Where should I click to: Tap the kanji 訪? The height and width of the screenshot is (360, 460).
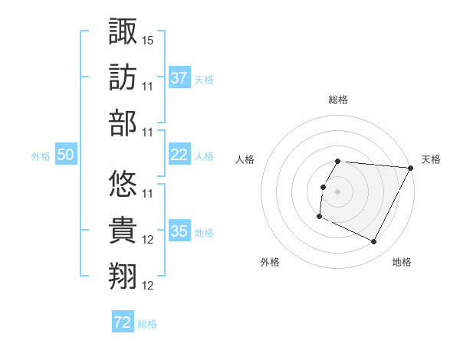coord(123,78)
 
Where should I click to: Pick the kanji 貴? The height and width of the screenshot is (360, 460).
coord(123,231)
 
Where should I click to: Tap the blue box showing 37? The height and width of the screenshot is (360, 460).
coord(179,78)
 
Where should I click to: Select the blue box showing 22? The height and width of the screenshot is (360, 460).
coord(179,155)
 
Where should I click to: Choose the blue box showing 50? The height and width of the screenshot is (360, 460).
coord(65,155)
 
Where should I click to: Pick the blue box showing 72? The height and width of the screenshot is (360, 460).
coord(123,322)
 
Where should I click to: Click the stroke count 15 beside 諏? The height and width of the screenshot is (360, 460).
coord(149,39)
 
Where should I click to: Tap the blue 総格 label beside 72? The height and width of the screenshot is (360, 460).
coord(147,324)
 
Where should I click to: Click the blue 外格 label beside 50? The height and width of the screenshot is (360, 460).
coord(41,156)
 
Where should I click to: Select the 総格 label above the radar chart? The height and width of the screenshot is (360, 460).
coord(338,100)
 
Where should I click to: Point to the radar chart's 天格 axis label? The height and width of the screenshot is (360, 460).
coord(431,159)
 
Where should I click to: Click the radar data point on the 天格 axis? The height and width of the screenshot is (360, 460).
coord(411,168)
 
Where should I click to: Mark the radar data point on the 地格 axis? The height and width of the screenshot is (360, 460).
coord(374,242)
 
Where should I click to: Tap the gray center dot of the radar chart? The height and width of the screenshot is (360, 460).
coord(338,191)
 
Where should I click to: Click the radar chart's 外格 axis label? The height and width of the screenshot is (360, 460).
coord(270,262)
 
